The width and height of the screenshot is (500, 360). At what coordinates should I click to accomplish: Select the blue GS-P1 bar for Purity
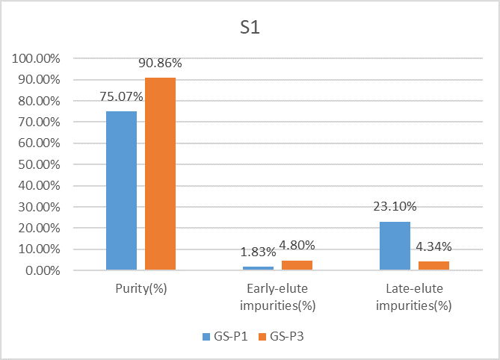click(121, 190)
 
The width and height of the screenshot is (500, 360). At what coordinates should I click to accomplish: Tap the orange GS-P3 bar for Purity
click(160, 173)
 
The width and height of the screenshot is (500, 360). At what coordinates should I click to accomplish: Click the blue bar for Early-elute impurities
click(258, 267)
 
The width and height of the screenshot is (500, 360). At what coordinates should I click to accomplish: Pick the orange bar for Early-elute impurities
click(297, 265)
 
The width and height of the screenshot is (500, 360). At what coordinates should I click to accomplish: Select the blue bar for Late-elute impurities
click(395, 246)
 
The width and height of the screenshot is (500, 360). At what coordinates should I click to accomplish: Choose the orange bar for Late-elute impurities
click(433, 266)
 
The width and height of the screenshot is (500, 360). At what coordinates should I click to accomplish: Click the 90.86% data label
click(160, 63)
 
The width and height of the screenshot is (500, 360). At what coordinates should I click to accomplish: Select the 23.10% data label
click(395, 207)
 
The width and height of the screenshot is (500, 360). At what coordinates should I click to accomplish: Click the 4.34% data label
click(433, 247)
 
